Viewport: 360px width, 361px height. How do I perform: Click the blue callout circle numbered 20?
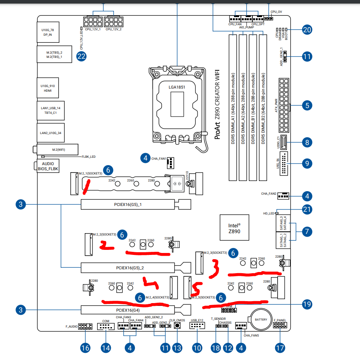coord(307,30)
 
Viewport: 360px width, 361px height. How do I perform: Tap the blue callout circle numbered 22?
coord(81,56)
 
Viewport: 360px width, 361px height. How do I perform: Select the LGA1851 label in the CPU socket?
coord(177,87)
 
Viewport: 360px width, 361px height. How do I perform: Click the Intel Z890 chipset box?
coord(234,228)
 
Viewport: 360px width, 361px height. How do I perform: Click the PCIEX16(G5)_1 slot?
coord(128,204)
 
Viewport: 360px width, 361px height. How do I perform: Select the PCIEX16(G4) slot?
coord(128,310)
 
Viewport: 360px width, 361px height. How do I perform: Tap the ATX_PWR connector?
coord(283,105)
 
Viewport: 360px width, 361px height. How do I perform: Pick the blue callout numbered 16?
coord(85,348)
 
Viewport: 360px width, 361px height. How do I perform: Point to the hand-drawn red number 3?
coord(213,268)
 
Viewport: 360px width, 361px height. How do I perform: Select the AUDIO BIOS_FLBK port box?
coord(48,166)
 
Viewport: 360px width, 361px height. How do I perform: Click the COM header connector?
coord(106,326)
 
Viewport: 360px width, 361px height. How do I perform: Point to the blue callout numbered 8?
coord(307,142)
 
